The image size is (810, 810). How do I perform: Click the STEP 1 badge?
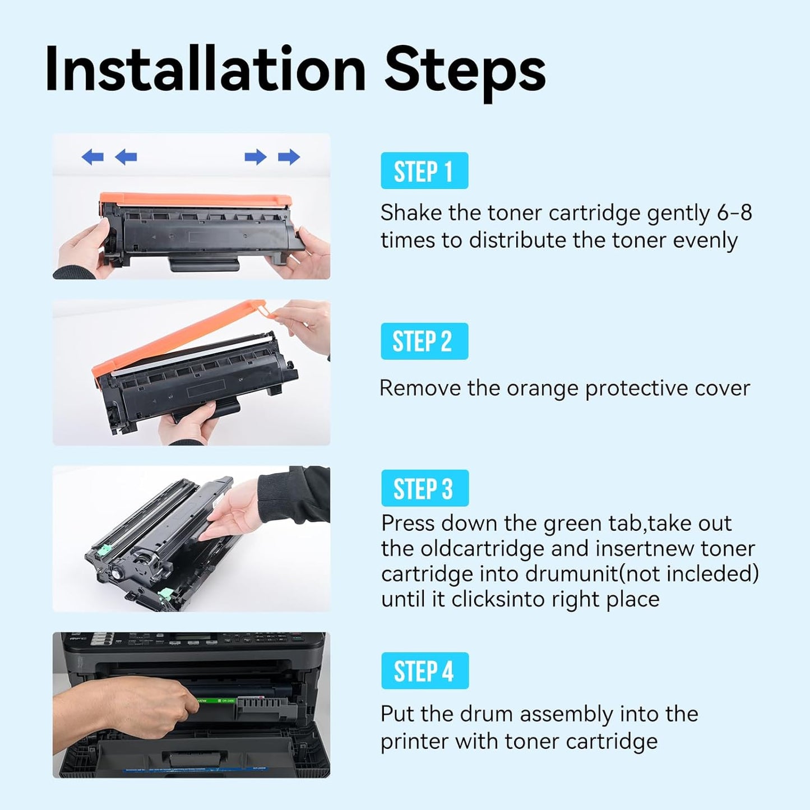(424, 171)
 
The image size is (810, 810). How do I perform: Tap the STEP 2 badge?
(424, 341)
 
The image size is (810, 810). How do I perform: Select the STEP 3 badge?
(424, 488)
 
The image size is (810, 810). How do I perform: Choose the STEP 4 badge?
(424, 671)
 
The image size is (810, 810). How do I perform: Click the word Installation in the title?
(205, 70)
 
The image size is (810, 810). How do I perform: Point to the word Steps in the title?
(465, 70)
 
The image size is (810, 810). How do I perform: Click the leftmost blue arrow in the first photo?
(92, 157)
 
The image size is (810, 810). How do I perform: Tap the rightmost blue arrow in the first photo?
(289, 157)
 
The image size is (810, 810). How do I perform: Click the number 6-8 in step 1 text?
(734, 213)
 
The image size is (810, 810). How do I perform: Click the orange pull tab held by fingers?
(259, 308)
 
